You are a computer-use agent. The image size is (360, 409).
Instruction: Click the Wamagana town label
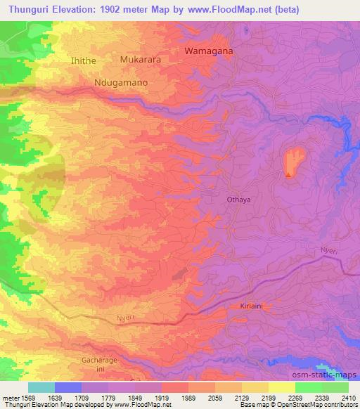(208, 51)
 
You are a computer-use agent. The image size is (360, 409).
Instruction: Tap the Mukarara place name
(141, 60)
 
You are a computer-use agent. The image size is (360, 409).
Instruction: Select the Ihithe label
(83, 61)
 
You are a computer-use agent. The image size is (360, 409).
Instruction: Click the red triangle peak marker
(288, 174)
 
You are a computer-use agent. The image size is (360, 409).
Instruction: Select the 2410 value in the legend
(349, 398)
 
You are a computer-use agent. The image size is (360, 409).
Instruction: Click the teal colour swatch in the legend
(41, 387)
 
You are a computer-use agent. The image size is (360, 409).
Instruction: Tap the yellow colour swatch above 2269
(282, 387)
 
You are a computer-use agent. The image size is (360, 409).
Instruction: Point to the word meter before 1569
(8, 398)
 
